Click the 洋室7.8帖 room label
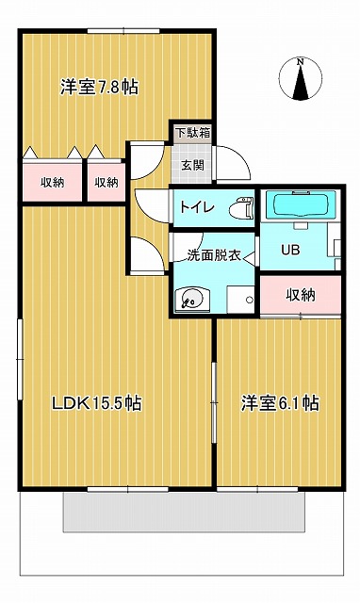[99, 88]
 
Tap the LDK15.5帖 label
[97, 403]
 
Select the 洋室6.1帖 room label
[280, 403]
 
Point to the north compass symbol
[301, 79]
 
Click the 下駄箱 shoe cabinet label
[192, 133]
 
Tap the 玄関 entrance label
[192, 165]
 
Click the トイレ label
[197, 207]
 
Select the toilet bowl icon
[241, 208]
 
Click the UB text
[290, 250]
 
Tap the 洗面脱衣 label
[214, 255]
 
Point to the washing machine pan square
[240, 300]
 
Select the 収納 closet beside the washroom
[301, 295]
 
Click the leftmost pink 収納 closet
[53, 182]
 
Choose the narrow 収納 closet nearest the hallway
[106, 182]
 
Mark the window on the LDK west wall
[20, 359]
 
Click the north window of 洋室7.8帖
[123, 31]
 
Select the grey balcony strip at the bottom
[184, 513]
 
